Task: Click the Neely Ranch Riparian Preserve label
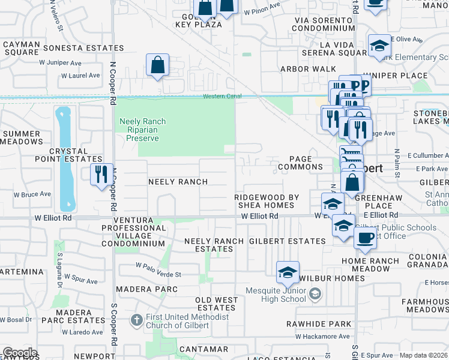(x=142, y=130)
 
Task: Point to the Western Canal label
(x=221, y=96)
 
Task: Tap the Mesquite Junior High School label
(x=276, y=295)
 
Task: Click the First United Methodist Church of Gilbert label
(x=178, y=321)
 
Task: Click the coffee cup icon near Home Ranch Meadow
(x=364, y=238)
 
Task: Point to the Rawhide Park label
(x=327, y=324)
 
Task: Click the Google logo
(x=19, y=353)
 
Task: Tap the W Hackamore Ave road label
(x=322, y=337)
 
